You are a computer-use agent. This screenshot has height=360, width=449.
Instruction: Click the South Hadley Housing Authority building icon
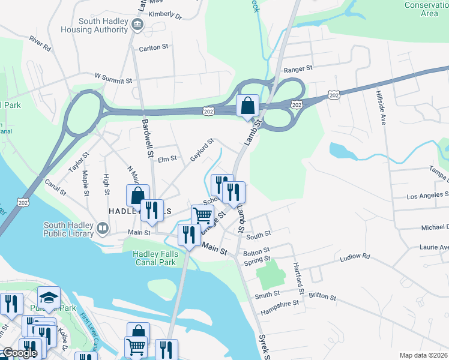click(x=138, y=25)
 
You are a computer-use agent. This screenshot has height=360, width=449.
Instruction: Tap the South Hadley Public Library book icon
click(x=103, y=228)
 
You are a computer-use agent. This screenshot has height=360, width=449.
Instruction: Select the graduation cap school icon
click(x=49, y=297)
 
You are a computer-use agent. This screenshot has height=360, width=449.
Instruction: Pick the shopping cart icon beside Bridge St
click(x=203, y=215)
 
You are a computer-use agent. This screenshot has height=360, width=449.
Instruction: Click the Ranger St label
click(x=298, y=69)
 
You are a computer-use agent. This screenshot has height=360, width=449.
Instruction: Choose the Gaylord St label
click(x=202, y=150)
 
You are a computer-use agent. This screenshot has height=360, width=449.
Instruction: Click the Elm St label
click(x=166, y=159)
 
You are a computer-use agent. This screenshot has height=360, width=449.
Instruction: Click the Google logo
click(x=19, y=353)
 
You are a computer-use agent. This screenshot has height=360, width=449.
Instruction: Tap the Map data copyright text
click(x=424, y=355)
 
